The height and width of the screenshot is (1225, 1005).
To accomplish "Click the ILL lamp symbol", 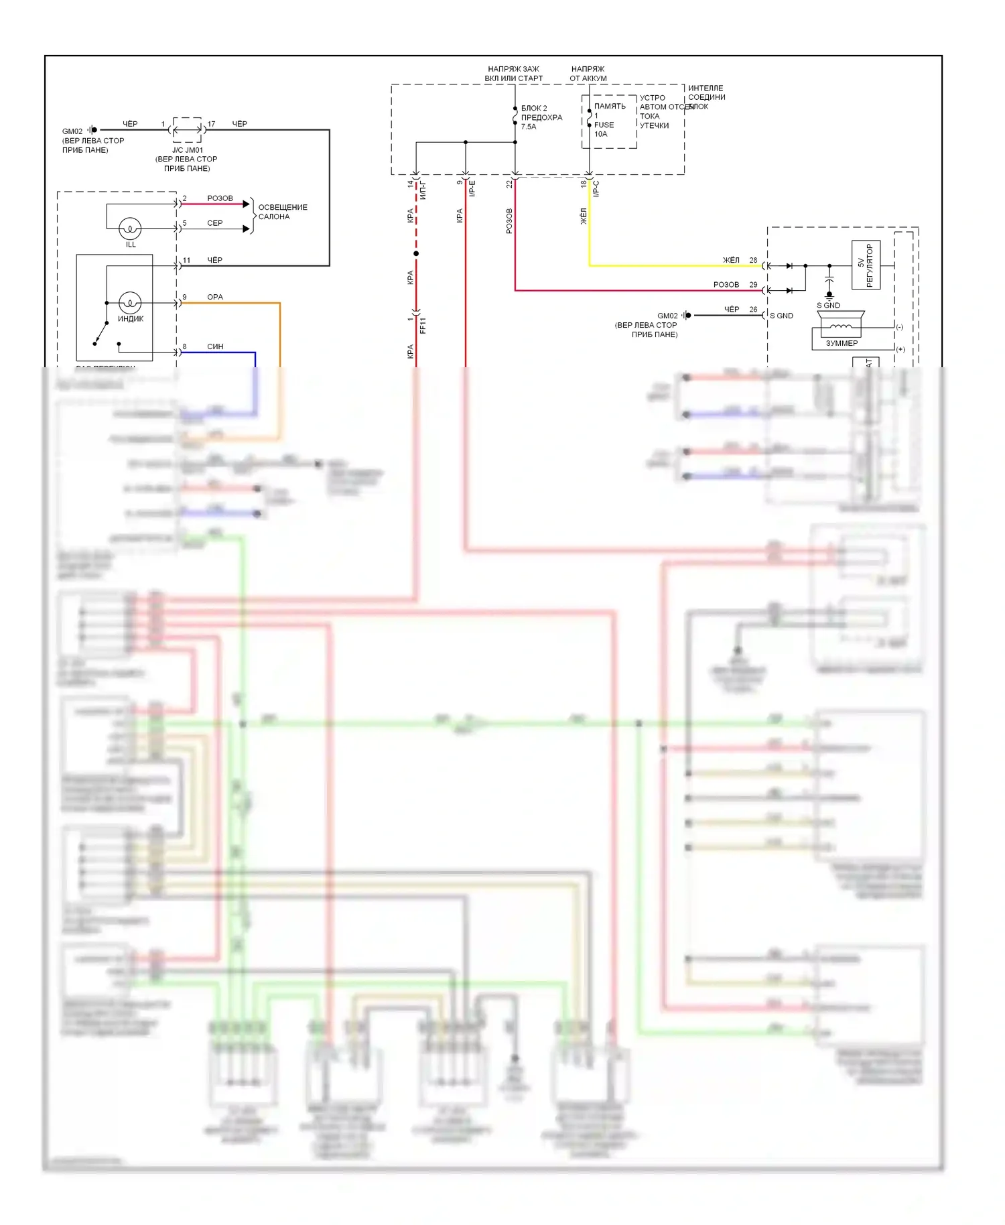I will [130, 229].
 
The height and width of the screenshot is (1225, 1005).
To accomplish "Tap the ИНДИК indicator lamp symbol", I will [130, 303].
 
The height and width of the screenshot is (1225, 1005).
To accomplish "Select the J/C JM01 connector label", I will [188, 150].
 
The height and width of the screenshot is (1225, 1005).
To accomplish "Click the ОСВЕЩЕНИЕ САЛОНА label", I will [282, 212].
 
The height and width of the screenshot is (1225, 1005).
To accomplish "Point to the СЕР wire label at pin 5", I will [214, 223].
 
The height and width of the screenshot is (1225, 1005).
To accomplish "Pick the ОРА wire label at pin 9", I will [214, 297].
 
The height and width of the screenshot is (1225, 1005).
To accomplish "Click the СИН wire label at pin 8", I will [215, 346].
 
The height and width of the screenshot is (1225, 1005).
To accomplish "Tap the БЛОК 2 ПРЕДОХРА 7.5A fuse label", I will [541, 117].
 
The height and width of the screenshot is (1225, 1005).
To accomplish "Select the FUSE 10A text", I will [604, 129].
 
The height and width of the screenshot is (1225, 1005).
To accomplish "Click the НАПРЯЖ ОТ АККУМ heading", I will [588, 74].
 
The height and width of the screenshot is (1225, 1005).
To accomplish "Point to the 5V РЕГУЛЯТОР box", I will [866, 265].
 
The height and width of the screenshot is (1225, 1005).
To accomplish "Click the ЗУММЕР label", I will [842, 343].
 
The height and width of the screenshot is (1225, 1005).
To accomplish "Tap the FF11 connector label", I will [423, 326].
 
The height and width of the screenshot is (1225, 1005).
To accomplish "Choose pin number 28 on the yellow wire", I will [753, 260].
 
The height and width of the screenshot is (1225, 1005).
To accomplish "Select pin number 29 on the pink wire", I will [753, 285].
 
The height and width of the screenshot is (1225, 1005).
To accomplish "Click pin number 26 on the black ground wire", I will [753, 310].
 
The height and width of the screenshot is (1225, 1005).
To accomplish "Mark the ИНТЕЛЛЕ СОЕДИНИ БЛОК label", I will [706, 97].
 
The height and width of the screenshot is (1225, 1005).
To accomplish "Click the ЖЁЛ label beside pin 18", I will [583, 216].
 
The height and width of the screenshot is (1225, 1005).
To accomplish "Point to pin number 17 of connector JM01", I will [211, 124].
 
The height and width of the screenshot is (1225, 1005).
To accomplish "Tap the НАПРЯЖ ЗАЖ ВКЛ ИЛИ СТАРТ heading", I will [513, 74].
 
